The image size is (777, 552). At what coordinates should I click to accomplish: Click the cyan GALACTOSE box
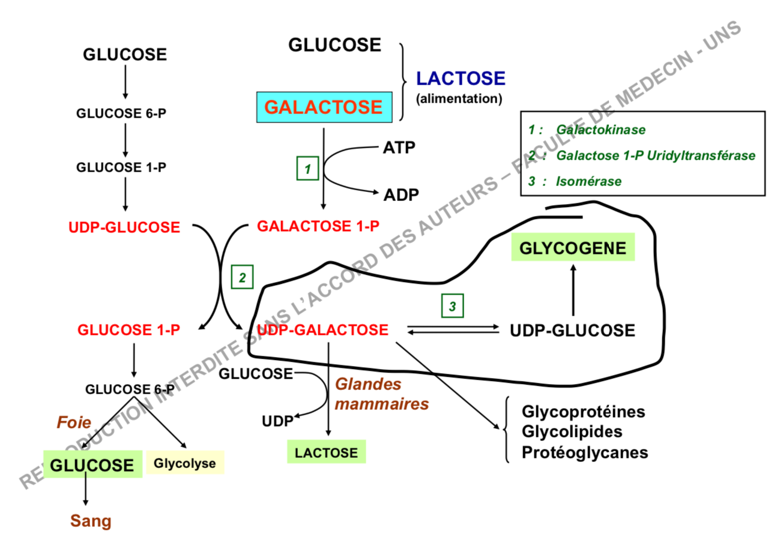point(324,107)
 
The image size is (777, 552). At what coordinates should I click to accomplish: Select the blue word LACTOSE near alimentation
point(461,78)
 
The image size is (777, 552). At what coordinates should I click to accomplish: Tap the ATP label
point(399,147)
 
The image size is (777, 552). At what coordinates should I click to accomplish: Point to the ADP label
point(401,194)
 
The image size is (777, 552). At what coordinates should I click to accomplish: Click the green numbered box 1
point(307,169)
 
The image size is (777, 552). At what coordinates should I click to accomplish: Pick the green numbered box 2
point(243,277)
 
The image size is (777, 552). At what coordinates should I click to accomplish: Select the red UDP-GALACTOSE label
point(322,330)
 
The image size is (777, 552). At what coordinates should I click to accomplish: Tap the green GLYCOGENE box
point(572,248)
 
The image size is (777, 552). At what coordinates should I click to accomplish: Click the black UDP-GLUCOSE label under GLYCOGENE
point(572,331)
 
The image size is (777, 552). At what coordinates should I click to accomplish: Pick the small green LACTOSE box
point(326,452)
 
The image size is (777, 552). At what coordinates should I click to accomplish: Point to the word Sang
point(91,521)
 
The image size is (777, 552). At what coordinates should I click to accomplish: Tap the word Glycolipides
point(572,432)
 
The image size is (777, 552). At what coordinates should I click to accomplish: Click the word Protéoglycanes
point(585,452)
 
